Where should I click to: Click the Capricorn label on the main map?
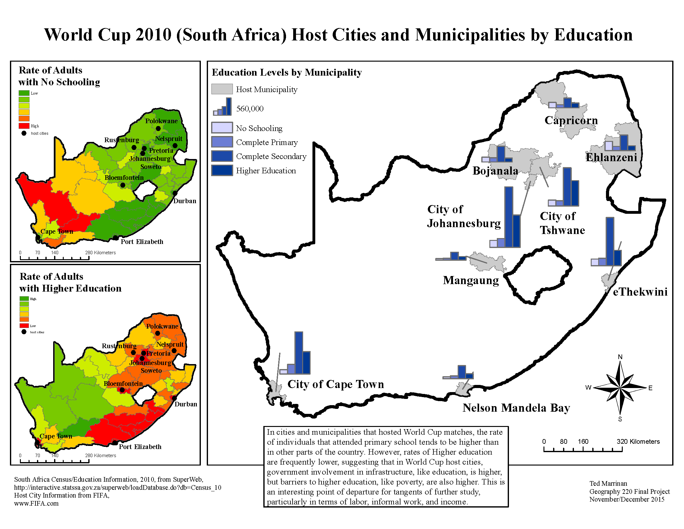click(x=571, y=120)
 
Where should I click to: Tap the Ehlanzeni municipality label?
click(x=611, y=157)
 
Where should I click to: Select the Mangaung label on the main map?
click(x=470, y=280)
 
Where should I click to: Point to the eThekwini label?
click(x=640, y=292)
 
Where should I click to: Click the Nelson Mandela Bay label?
click(x=516, y=408)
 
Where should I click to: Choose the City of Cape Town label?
click(x=335, y=384)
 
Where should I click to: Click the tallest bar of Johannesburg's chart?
click(x=509, y=217)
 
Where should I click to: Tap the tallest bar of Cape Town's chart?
click(x=298, y=353)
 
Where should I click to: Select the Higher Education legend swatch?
click(x=222, y=171)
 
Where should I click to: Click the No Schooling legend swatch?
click(x=222, y=128)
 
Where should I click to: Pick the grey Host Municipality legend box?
click(x=222, y=89)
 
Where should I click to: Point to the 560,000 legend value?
click(x=250, y=109)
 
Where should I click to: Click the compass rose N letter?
click(x=620, y=357)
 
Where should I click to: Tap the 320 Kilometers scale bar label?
click(x=638, y=442)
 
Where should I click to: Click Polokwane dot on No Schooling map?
click(x=158, y=129)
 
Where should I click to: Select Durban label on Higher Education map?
click(x=186, y=404)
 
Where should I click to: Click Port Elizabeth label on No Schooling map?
click(x=142, y=241)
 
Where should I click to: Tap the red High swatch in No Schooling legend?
click(x=24, y=126)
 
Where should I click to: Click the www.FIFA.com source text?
click(x=36, y=503)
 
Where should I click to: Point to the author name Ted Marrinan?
click(x=608, y=483)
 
